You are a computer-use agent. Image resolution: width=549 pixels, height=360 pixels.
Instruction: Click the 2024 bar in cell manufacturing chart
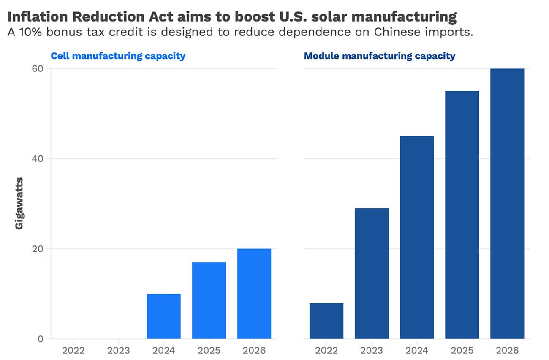pyautogui.click(x=163, y=316)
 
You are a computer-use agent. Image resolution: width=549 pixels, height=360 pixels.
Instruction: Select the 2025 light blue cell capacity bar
pyautogui.click(x=209, y=300)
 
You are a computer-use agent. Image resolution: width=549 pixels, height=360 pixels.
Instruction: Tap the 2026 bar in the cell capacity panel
pyautogui.click(x=254, y=294)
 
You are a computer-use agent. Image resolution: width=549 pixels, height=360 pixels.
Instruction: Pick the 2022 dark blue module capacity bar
pyautogui.click(x=326, y=321)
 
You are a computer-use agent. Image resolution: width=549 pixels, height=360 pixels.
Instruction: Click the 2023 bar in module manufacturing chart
pyautogui.click(x=372, y=273)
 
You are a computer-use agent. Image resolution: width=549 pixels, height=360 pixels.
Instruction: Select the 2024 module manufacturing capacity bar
pyautogui.click(x=417, y=237)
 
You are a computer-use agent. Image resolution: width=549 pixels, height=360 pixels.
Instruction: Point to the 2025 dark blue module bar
pyautogui.click(x=462, y=215)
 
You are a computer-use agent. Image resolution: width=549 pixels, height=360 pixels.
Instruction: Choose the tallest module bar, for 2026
pyautogui.click(x=507, y=204)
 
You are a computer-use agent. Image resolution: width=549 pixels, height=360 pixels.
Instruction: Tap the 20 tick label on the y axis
pyautogui.click(x=37, y=249)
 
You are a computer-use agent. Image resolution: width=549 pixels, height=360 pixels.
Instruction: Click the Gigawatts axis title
pyautogui.click(x=19, y=204)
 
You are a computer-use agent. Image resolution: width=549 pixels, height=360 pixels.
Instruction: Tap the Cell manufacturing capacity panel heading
pyautogui.click(x=118, y=56)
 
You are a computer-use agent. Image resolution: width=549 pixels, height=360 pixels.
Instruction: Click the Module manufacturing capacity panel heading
pyautogui.click(x=379, y=56)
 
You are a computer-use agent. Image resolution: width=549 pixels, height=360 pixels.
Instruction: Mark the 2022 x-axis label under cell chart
pyautogui.click(x=73, y=351)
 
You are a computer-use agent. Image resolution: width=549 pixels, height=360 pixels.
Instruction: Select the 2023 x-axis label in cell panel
pyautogui.click(x=118, y=351)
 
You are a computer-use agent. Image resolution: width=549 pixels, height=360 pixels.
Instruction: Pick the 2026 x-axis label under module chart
pyautogui.click(x=507, y=351)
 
